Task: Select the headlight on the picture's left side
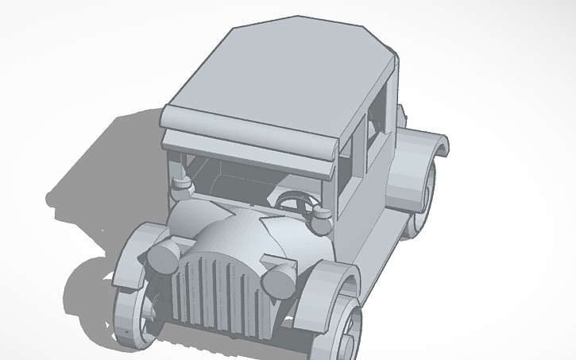(x=164, y=257)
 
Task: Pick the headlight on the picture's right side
(x=279, y=280)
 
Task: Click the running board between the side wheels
(x=377, y=238)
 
